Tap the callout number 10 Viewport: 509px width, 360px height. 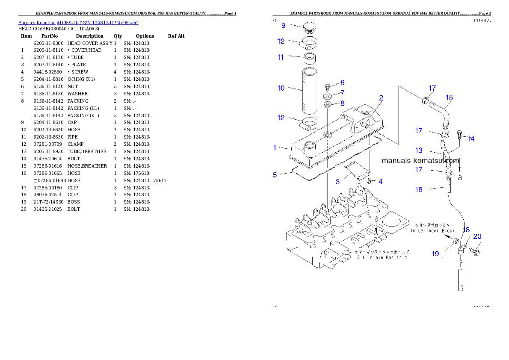(x=281, y=89)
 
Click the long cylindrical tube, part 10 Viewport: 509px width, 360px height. (x=309, y=90)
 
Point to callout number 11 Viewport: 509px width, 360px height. (x=281, y=57)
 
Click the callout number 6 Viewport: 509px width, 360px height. (x=342, y=83)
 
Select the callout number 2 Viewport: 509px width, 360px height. (x=381, y=98)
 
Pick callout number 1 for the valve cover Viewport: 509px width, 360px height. (x=275, y=148)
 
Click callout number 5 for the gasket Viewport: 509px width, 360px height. (x=275, y=174)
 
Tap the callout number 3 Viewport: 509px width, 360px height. (x=337, y=182)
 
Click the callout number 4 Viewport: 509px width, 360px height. (x=380, y=181)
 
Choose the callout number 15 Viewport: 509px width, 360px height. (x=449, y=97)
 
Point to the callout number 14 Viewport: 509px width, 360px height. (x=471, y=139)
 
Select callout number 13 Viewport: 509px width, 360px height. (x=419, y=150)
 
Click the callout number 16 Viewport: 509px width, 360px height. (x=419, y=189)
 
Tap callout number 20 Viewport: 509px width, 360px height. (x=477, y=236)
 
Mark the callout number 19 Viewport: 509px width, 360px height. (x=435, y=254)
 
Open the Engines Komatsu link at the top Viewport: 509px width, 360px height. (x=78, y=22)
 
